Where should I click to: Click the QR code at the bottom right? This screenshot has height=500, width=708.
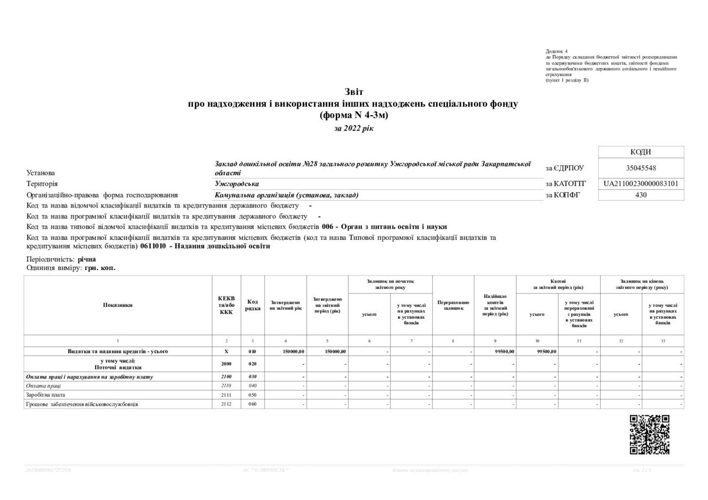click(649, 434)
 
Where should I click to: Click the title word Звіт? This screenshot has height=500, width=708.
click(354, 92)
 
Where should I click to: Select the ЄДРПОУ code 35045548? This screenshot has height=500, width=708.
click(641, 168)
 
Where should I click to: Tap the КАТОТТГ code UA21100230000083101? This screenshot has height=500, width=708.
click(641, 184)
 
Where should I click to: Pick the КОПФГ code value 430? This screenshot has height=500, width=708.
click(641, 195)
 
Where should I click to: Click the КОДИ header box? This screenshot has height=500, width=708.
click(641, 152)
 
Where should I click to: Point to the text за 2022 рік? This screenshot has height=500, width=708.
click(354, 129)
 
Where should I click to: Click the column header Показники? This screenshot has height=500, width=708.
click(118, 305)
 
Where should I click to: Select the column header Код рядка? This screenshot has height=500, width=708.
click(253, 305)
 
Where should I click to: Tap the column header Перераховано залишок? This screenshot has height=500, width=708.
click(453, 305)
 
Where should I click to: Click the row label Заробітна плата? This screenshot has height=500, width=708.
click(45, 395)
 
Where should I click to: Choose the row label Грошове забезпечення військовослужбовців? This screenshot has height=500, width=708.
click(82, 404)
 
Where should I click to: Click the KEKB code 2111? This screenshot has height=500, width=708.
click(226, 395)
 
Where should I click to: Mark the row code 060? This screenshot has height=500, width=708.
click(253, 404)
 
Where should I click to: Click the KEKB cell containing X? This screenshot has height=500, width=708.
click(226, 352)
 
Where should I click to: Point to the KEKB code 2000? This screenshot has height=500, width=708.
click(226, 364)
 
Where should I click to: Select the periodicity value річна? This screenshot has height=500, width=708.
click(87, 259)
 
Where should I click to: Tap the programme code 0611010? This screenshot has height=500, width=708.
click(153, 246)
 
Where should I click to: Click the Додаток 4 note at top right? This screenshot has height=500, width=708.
click(556, 51)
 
